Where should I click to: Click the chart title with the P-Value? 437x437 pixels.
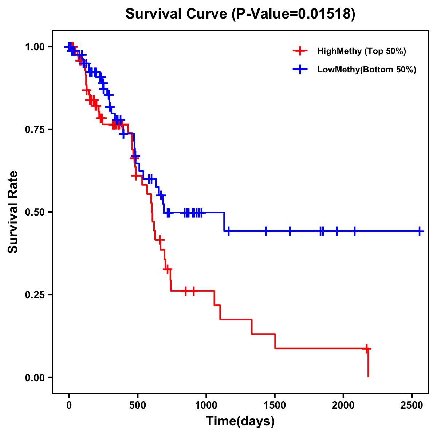pos(240,14)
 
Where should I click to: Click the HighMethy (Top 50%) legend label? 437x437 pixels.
pos(361,51)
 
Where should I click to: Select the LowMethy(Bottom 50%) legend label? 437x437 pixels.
pos(367,70)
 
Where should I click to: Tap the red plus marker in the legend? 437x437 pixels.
pos(300,51)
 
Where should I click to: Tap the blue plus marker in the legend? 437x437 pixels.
pos(300,70)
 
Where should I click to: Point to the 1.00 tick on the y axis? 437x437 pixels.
pos(34,47)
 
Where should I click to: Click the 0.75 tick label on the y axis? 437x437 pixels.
pos(34,129)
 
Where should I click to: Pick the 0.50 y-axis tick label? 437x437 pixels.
pos(34,212)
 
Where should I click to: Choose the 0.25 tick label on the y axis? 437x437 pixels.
pos(34,295)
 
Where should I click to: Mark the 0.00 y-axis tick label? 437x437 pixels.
pos(34,377)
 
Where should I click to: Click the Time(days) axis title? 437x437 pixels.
pos(240,421)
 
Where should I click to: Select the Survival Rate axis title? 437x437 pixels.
pos(13,212)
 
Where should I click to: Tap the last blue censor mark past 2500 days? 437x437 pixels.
pos(420,231)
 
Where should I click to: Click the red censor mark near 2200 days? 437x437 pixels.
pos(367,349)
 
